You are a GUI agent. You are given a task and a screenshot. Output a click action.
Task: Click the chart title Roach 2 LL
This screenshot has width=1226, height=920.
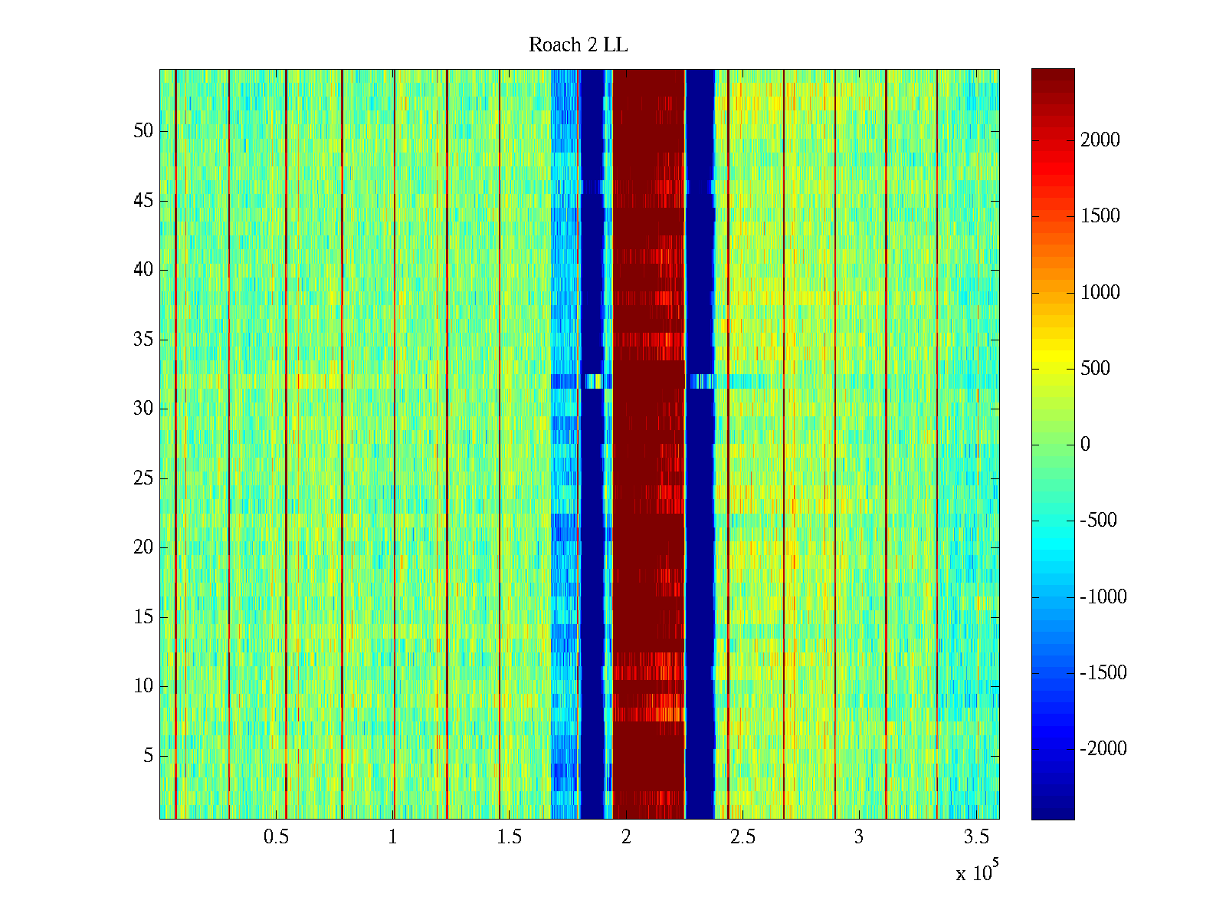pyautogui.click(x=578, y=45)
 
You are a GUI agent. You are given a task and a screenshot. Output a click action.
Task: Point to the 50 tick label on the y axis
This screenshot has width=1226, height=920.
pyautogui.click(x=143, y=131)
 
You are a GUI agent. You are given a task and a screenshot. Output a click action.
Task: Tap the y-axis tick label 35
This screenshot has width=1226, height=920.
pyautogui.click(x=143, y=340)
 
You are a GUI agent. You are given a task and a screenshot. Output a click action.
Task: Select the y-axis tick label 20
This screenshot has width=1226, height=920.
pyautogui.click(x=143, y=547)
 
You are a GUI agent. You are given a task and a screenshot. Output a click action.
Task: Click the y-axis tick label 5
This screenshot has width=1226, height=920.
pyautogui.click(x=148, y=756)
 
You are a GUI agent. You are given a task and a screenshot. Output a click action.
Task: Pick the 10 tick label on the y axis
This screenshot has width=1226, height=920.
pyautogui.click(x=143, y=686)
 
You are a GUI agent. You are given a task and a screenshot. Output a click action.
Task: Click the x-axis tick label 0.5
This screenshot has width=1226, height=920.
pyautogui.click(x=276, y=837)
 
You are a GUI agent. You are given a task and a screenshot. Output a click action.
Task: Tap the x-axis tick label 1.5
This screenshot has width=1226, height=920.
pyautogui.click(x=509, y=837)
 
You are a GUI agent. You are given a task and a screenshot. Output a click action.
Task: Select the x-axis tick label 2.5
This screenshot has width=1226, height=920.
pyautogui.click(x=742, y=837)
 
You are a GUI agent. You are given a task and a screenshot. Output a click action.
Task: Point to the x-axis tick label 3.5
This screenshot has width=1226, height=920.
pyautogui.click(x=975, y=837)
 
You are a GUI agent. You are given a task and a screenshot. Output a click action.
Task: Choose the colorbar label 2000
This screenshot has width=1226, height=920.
pyautogui.click(x=1100, y=140)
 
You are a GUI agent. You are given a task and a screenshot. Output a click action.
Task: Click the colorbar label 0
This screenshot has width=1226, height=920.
pyautogui.click(x=1085, y=445)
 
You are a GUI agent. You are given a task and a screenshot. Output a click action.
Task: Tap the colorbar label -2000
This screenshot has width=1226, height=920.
pyautogui.click(x=1103, y=749)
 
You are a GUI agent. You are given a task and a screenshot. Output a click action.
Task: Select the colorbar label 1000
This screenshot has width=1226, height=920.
pyautogui.click(x=1100, y=292)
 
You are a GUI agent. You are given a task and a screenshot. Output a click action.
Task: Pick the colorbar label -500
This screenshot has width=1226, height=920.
pyautogui.click(x=1099, y=521)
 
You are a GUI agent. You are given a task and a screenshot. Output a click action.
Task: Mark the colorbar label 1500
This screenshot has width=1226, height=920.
pyautogui.click(x=1100, y=216)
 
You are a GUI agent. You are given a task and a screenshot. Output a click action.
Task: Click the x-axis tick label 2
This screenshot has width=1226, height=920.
pyautogui.click(x=626, y=837)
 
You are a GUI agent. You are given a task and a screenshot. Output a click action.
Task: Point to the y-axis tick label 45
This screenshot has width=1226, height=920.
pyautogui.click(x=143, y=201)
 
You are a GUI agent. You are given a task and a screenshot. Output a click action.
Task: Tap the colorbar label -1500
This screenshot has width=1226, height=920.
pyautogui.click(x=1103, y=673)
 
